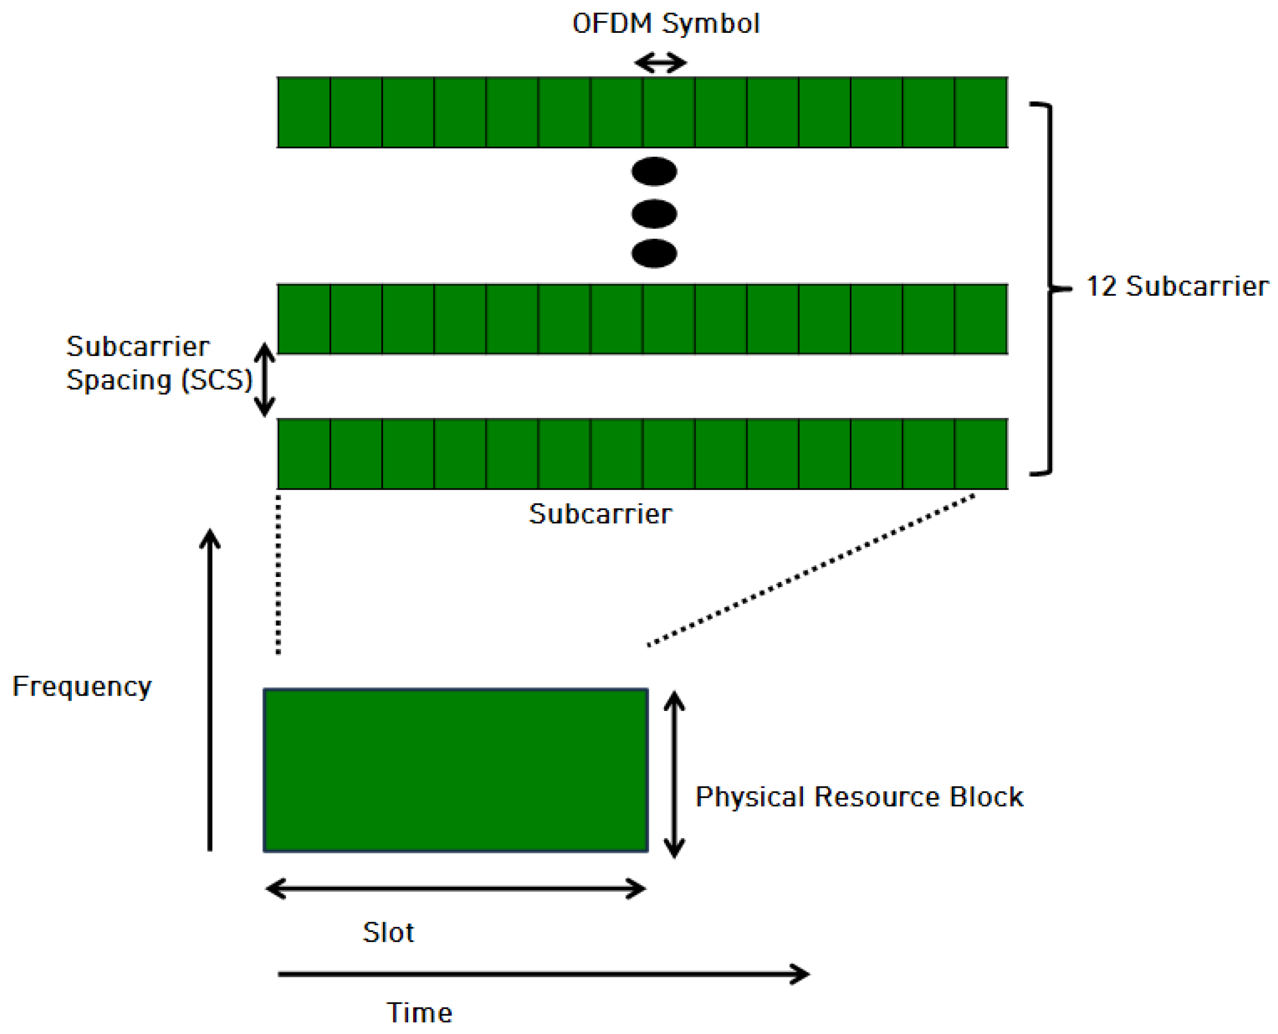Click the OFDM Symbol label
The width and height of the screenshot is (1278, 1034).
(665, 24)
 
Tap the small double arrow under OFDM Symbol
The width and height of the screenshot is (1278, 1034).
(660, 62)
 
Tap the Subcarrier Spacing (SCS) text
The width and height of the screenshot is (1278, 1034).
(159, 364)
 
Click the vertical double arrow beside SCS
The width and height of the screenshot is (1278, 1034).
(264, 379)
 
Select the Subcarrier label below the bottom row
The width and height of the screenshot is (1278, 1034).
(600, 514)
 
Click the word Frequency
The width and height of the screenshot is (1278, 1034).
(82, 687)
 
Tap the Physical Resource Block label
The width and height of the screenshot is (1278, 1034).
(859, 797)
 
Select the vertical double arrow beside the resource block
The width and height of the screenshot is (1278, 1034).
(674, 774)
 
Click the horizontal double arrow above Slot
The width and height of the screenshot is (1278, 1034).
(455, 889)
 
